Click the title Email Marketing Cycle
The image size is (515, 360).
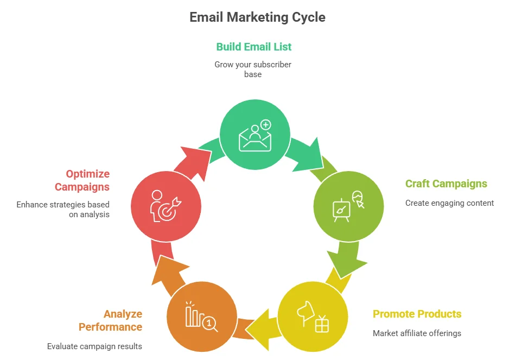coord(257,17)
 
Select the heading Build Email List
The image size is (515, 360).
coord(253,47)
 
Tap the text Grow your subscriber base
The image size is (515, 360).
coord(253,70)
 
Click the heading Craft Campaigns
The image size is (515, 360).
coord(446,184)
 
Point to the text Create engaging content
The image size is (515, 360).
coord(449,203)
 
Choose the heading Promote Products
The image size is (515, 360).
coord(417,314)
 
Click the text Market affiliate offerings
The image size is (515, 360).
coord(417,333)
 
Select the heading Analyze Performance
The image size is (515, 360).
coord(110,320)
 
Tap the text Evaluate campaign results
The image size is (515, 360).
coord(94,346)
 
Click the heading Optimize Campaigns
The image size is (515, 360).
coord(82,180)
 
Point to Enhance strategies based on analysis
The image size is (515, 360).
coord(63,210)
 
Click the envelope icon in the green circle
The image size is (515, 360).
coord(255,139)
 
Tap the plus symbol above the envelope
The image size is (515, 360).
coord(266,125)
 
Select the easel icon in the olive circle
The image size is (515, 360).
coord(341,210)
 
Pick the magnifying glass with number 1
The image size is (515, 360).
coord(209,324)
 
